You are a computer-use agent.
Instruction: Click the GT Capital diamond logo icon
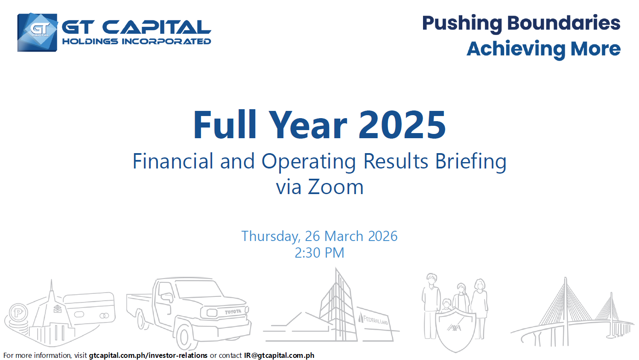tap(38, 32)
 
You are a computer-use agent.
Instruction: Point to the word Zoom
tap(336, 187)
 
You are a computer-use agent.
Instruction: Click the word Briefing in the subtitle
tap(471, 162)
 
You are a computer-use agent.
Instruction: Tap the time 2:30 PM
tap(319, 253)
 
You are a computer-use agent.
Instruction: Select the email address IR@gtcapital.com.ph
tap(279, 355)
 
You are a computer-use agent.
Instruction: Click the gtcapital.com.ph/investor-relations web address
tap(148, 355)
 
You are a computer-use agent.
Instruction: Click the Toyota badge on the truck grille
tap(233, 312)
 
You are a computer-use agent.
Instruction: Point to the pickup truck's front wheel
tap(185, 337)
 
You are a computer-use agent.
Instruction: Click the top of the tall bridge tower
tap(566, 278)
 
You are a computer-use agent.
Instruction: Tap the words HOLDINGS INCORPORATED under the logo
tap(136, 42)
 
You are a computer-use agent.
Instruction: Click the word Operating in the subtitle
tap(309, 162)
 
